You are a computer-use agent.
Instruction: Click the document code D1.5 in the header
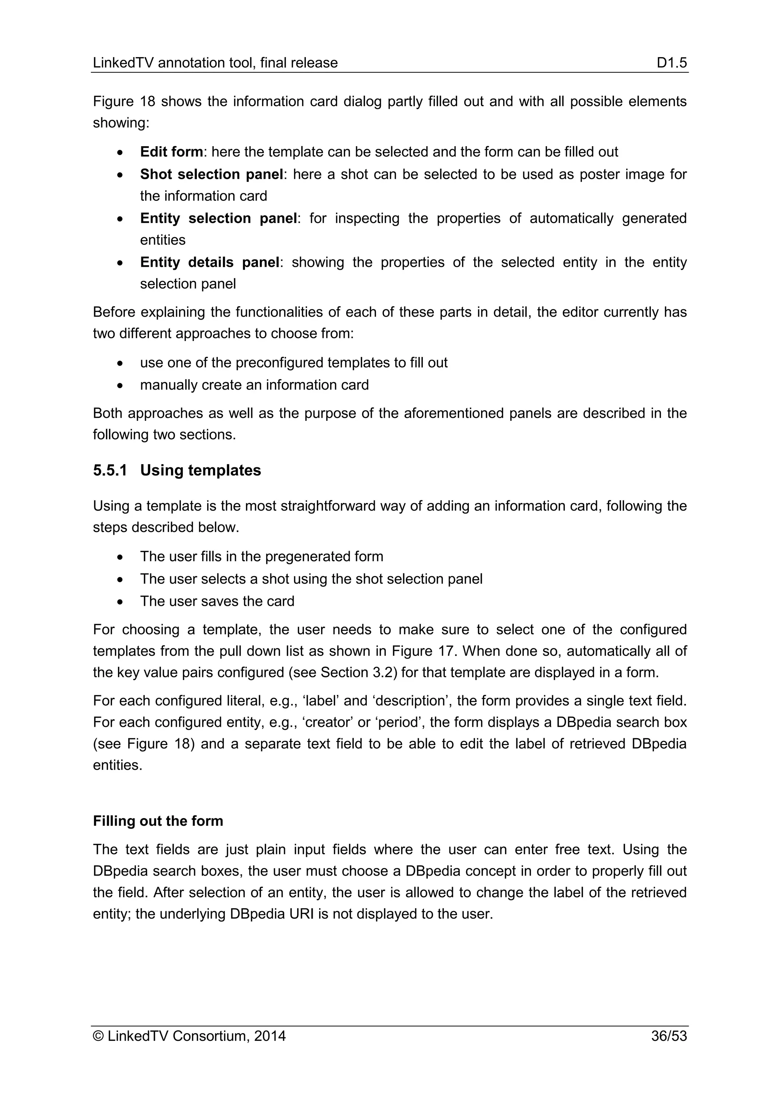pyautogui.click(x=672, y=63)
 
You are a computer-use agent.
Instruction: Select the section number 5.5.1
pyautogui.click(x=110, y=470)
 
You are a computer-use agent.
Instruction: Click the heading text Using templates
pyautogui.click(x=200, y=470)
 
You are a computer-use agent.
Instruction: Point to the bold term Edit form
pyautogui.click(x=171, y=152)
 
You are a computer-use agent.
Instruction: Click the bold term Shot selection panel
pyautogui.click(x=211, y=174)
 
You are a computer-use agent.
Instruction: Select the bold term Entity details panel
pyautogui.click(x=209, y=263)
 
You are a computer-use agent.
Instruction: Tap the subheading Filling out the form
pyautogui.click(x=158, y=821)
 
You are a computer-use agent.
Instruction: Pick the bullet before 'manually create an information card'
pyautogui.click(x=121, y=385)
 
